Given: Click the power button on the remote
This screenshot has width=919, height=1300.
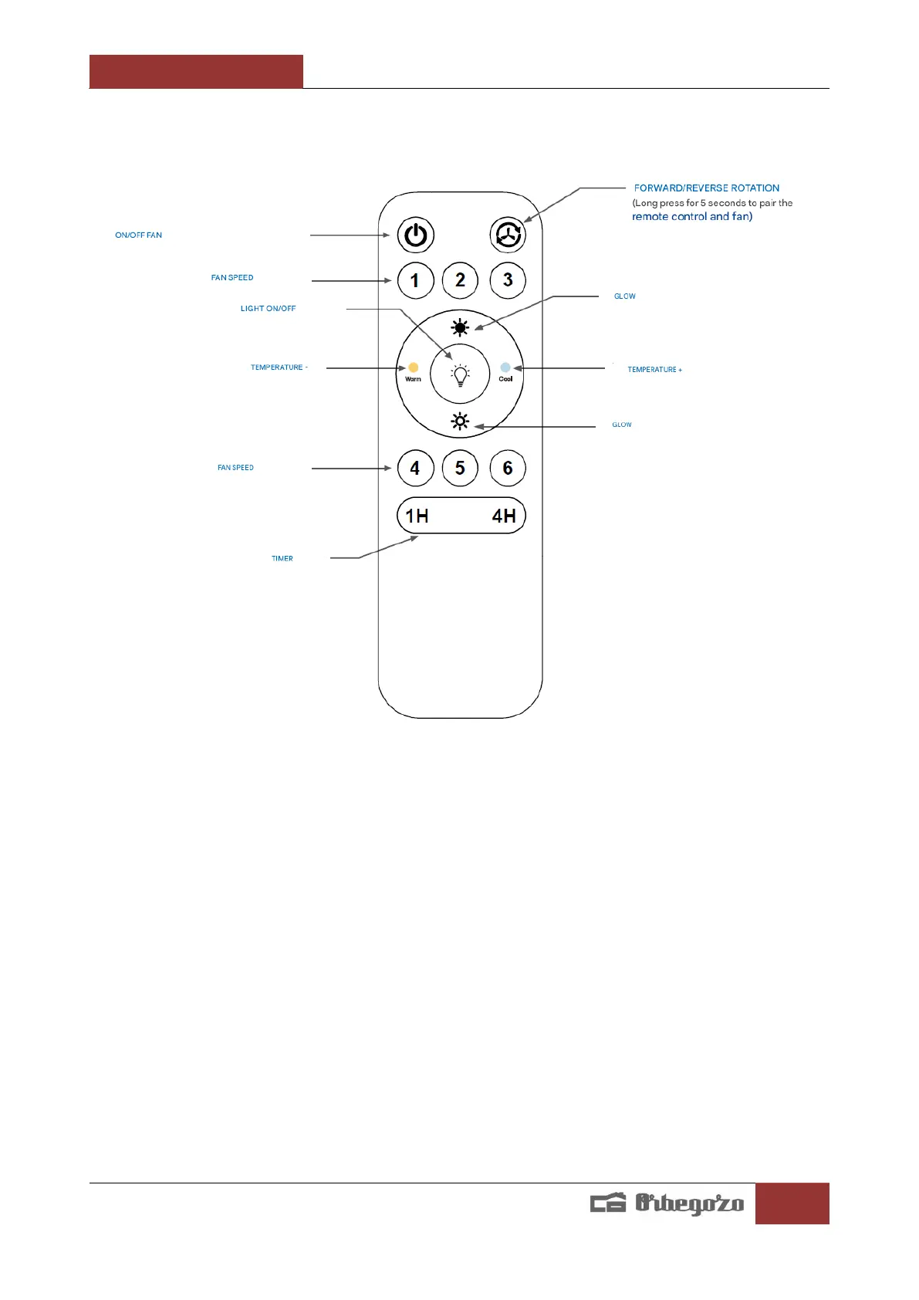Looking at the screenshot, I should coord(416,235).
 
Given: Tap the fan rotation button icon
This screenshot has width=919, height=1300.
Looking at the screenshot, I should coord(508,234).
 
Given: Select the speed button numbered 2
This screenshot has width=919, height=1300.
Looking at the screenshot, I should coord(461,280).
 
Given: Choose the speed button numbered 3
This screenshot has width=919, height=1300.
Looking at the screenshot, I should coord(508,280).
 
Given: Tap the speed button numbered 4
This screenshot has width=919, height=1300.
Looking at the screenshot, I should coord(415,468).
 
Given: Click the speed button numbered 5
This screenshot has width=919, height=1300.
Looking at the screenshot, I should coord(461,468).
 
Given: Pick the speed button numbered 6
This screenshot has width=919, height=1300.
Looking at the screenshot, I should coord(508,468).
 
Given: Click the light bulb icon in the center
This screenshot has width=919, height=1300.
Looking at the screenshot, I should coord(461,375).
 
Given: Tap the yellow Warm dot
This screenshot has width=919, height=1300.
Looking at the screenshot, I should coord(414,367).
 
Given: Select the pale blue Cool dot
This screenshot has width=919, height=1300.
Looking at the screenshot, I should coord(505,367).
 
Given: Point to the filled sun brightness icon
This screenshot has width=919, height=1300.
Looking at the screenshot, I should coord(460,328).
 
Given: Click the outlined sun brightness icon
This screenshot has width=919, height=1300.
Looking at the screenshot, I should coord(460,421).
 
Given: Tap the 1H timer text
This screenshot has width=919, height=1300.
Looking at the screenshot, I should coord(417,516).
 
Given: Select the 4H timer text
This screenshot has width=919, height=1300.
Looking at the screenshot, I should coord(504,516).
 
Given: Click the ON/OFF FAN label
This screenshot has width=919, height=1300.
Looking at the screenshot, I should coord(139,235).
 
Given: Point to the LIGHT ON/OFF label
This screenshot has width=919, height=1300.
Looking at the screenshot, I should coord(268,309).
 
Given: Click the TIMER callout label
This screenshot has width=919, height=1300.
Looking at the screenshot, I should coord(282,559).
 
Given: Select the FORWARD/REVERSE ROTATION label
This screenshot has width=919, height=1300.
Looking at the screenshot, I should coord(707,188).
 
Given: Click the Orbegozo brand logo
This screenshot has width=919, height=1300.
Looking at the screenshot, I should coord(667,1203).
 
